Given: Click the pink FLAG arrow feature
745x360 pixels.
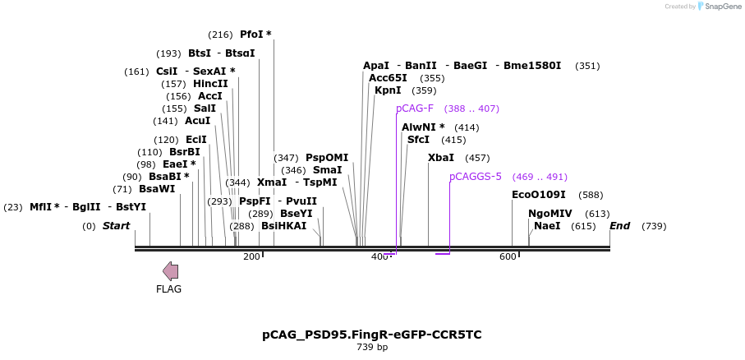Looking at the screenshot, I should click(x=170, y=271).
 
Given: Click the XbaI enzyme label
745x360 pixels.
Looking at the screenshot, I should click(x=440, y=158).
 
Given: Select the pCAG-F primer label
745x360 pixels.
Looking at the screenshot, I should click(x=414, y=108).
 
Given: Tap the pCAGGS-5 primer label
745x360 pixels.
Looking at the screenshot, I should click(x=475, y=177).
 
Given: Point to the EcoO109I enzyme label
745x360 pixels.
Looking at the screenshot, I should click(x=538, y=195).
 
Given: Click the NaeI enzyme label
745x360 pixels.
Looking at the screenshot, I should click(x=547, y=225).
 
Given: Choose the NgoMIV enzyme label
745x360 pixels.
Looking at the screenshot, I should click(x=550, y=213).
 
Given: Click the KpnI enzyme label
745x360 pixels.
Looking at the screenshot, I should click(x=388, y=90).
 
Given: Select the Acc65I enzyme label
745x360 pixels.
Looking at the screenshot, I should click(x=388, y=78).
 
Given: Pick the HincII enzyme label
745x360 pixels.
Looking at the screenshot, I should click(x=210, y=84).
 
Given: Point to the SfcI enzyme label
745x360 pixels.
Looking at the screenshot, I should click(x=418, y=140).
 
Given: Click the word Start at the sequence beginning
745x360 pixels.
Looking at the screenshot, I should click(x=116, y=226).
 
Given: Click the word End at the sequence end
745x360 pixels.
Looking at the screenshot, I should click(x=620, y=226).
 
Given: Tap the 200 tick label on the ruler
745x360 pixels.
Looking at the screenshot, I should click(x=251, y=257).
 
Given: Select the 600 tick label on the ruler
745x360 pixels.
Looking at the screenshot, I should click(x=508, y=257).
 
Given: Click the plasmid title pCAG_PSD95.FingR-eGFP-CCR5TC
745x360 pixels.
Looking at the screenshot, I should click(x=372, y=335).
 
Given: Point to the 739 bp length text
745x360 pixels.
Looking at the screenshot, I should click(x=372, y=348).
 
